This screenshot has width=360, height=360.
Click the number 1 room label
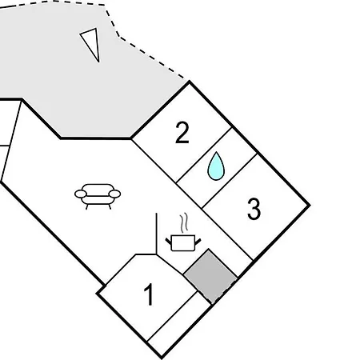(149, 294)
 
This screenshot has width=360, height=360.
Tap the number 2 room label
(182, 133)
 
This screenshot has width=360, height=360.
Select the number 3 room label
(254, 209)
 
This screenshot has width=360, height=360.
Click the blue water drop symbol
(216, 166)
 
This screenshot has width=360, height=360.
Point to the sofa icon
(98, 197)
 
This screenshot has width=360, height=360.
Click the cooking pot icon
(183, 242)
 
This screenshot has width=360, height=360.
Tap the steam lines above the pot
(184, 223)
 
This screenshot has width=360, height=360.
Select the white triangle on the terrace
(92, 42)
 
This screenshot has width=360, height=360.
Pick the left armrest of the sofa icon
(81, 194)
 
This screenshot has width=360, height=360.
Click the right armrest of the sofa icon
(115, 194)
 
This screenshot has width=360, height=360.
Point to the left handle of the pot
(168, 242)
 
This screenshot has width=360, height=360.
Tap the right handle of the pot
(198, 242)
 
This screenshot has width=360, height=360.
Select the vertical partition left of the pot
(156, 234)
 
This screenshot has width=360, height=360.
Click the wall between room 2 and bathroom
(204, 155)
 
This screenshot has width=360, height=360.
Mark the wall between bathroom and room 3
(230, 181)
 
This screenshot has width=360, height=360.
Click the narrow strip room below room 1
(180, 324)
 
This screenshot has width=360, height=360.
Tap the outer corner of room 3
(310, 205)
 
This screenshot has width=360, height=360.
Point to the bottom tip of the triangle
(98, 62)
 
